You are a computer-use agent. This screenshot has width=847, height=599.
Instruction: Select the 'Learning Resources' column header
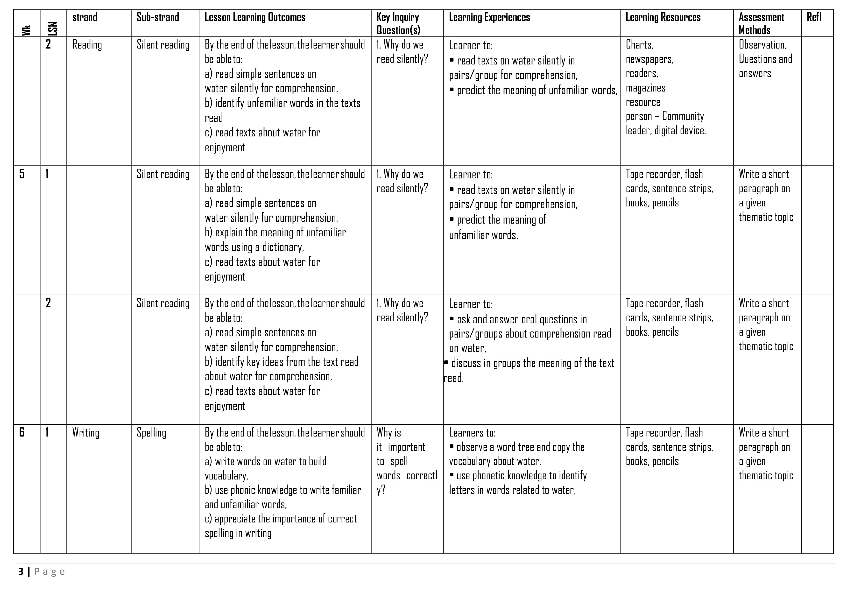pyautogui.click(x=663, y=17)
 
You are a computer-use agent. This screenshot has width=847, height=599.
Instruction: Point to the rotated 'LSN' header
pyautogui.click(x=53, y=29)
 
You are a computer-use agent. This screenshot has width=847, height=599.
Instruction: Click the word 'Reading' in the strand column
pyautogui.click(x=87, y=45)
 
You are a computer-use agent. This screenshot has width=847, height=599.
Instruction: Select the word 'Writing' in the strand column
pyautogui.click(x=85, y=433)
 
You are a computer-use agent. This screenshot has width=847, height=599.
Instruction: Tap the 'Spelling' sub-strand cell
pyautogui.click(x=151, y=433)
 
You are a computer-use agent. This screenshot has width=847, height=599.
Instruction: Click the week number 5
pyautogui.click(x=22, y=174)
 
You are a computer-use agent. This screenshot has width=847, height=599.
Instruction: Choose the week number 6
pyautogui.click(x=22, y=432)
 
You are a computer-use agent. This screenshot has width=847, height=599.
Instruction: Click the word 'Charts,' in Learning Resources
pyautogui.click(x=639, y=45)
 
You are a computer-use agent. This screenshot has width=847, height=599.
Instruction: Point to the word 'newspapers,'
pyautogui.click(x=649, y=59)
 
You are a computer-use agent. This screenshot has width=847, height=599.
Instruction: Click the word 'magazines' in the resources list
pyautogui.click(x=646, y=88)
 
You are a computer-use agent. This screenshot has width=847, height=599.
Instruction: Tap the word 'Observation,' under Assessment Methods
pyautogui.click(x=762, y=45)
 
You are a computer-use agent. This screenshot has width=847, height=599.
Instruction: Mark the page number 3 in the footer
pyautogui.click(x=21, y=572)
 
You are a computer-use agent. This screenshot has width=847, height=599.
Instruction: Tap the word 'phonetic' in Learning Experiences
pyautogui.click(x=489, y=476)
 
